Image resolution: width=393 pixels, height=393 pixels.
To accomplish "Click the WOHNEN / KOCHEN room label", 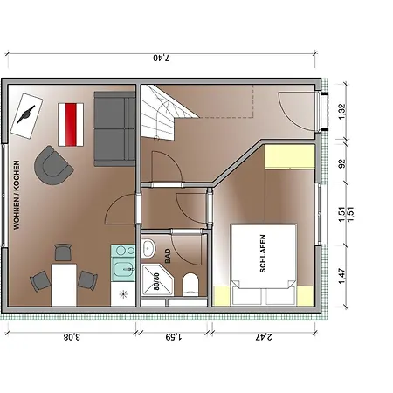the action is coord(17,195).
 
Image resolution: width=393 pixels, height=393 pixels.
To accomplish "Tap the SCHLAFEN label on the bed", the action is coord(263,253).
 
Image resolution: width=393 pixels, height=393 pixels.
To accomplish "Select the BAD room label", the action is coord(168,256).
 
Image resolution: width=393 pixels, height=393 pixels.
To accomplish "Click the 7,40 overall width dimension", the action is coord(162,58).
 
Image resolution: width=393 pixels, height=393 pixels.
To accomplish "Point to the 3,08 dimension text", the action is coord(72,337).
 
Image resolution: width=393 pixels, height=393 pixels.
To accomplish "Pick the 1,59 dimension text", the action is coord(174,337).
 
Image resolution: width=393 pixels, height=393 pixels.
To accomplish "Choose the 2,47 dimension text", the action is coord(264,337).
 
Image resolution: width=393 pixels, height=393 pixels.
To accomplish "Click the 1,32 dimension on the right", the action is coord(342,112).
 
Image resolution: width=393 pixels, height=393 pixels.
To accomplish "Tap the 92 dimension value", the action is coord(342,163).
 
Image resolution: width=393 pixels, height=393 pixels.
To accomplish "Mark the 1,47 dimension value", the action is coord(342,276).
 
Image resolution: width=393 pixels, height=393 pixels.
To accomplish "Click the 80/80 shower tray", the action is coord(157,280).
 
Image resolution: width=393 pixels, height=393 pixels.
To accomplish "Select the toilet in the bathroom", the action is coord(190,285).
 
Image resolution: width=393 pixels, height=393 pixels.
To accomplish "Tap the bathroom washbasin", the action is coord(148,248).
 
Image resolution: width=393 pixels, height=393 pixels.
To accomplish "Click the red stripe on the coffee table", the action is coord(71,125).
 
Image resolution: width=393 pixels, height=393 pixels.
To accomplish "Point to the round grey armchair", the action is coord(53,165).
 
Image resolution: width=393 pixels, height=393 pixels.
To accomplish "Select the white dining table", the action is coord(64,285).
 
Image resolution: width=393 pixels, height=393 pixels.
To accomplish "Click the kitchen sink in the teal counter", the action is coord(123,269).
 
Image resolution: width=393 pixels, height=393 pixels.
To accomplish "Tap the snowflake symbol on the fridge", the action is coord(124,294).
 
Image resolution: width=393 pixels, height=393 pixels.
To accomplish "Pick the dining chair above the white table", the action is coord(63,252).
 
